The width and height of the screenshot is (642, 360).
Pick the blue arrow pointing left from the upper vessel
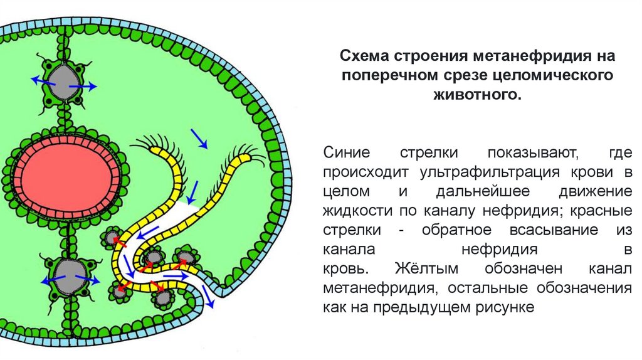click(42, 80)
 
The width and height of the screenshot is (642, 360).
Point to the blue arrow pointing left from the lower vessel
click(48, 279)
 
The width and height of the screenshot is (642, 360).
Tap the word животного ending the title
click(477, 96)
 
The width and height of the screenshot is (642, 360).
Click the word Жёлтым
click(431, 269)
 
